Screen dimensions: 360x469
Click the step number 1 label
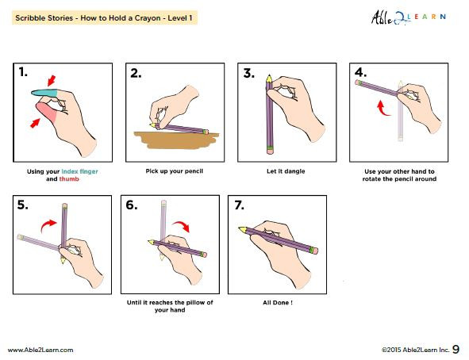(25, 72)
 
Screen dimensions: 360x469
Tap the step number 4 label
(360, 72)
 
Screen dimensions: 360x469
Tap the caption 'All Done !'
(284, 302)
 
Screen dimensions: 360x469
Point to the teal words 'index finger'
(79, 171)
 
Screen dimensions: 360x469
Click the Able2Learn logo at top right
(406, 17)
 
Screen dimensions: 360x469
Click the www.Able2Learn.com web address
(40, 349)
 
